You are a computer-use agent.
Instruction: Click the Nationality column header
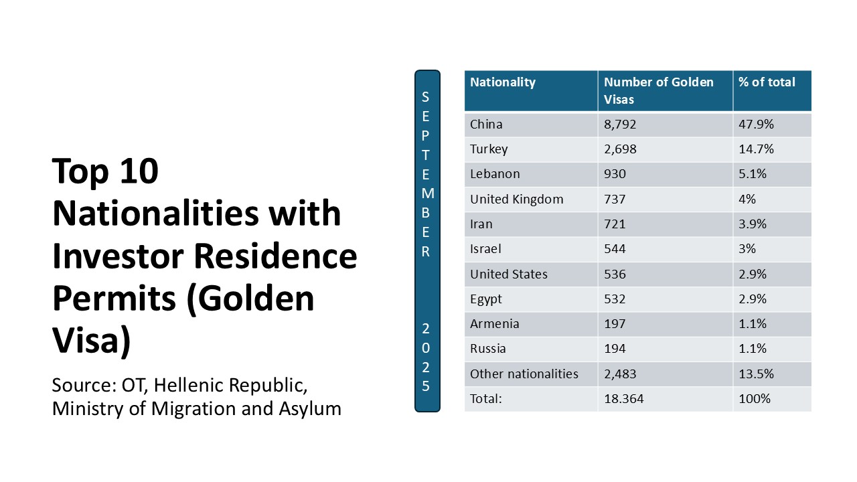click(x=502, y=82)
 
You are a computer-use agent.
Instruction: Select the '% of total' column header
click(x=767, y=82)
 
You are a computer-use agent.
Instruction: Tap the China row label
click(x=486, y=125)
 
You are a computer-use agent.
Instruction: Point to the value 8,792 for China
click(x=620, y=125)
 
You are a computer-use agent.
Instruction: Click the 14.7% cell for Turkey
click(x=756, y=149)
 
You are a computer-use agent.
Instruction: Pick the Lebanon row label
click(x=495, y=174)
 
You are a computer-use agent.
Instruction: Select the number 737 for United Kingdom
click(x=615, y=199)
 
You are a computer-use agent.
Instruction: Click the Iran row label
click(x=481, y=224)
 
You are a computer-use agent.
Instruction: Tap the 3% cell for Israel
click(x=747, y=249)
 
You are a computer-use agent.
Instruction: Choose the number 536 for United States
click(x=615, y=274)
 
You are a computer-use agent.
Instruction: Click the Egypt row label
click(x=485, y=299)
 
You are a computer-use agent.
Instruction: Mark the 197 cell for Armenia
click(x=615, y=324)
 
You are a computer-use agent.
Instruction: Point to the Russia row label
click(x=488, y=349)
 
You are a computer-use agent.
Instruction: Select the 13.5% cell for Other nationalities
click(x=756, y=374)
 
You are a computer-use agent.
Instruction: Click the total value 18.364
click(x=623, y=399)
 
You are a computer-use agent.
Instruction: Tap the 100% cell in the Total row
click(x=754, y=399)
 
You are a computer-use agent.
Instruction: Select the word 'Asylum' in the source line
click(x=310, y=409)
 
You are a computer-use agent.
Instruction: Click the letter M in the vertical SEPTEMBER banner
click(x=428, y=193)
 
